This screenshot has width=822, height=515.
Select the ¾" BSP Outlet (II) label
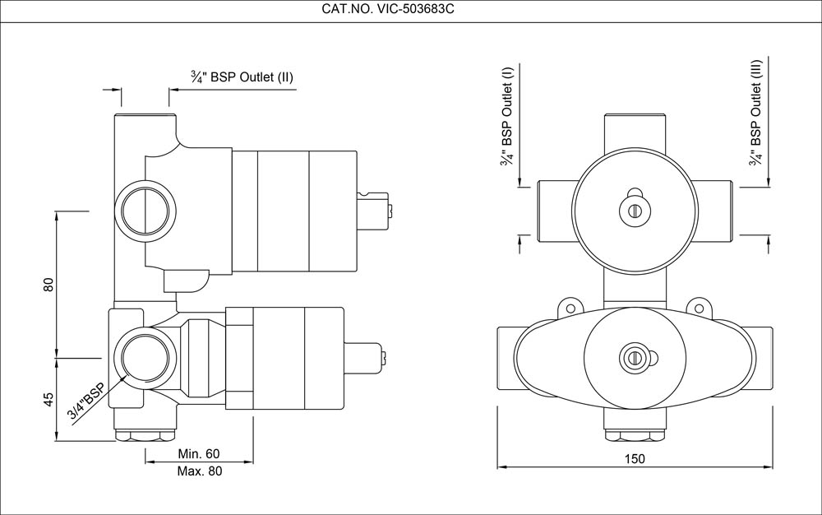point(242,77)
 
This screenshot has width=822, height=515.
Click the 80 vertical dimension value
point(48,285)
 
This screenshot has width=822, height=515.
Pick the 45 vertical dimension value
point(48,399)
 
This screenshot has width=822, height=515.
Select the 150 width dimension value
point(635,458)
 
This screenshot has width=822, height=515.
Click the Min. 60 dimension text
point(199,454)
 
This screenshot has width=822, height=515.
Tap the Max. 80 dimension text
point(199,471)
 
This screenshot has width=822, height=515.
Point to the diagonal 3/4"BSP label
point(87,401)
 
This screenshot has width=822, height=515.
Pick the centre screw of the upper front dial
point(634,210)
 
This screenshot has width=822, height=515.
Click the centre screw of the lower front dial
point(633,357)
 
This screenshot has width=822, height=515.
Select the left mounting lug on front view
point(566,307)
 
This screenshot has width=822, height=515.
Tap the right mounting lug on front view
point(700,307)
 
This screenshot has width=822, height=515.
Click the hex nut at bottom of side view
point(145,434)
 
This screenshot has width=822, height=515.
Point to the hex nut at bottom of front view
point(634,434)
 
